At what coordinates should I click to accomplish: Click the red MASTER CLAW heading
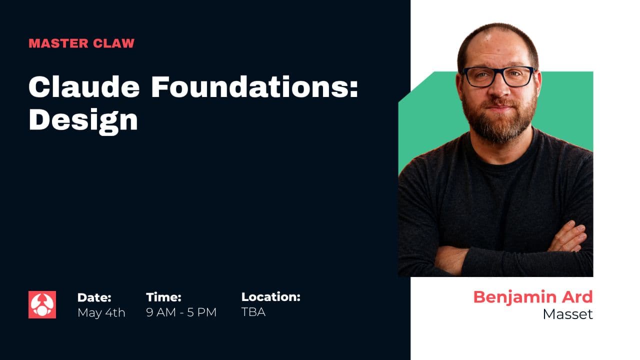coord(81,43)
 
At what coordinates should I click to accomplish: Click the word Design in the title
coord(83,120)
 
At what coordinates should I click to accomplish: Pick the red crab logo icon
coord(42,304)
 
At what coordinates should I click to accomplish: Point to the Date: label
coord(94,297)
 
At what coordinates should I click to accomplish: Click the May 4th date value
coord(101,312)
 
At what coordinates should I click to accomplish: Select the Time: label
coord(163,297)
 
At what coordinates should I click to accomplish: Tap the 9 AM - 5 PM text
coord(181,312)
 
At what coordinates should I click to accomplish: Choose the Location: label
coord(270,297)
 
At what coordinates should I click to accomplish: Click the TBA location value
coord(253,312)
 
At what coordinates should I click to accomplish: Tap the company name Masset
coord(567,314)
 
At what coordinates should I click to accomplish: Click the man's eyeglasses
coord(498,76)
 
